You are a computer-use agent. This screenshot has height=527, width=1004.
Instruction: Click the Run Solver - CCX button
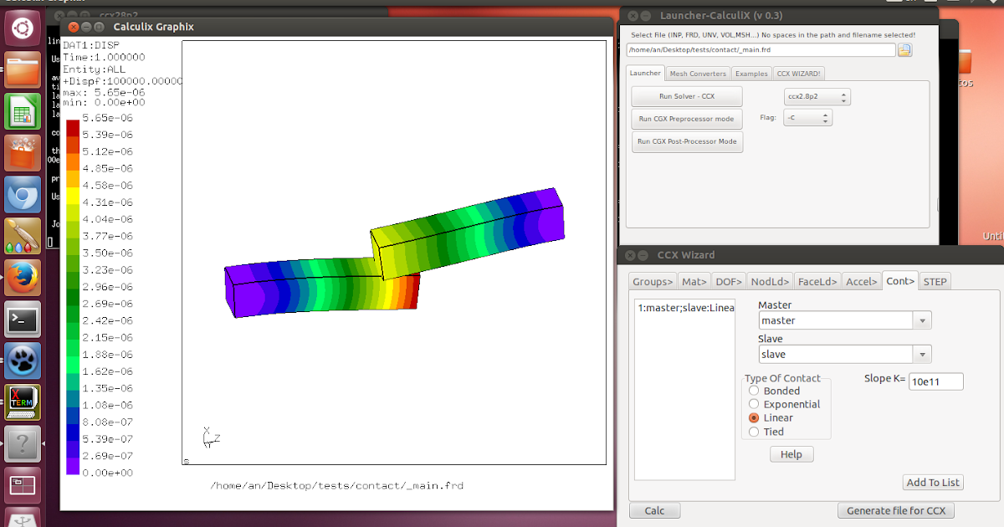click(x=686, y=96)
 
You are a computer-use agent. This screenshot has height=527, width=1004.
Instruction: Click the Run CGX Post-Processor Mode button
click(x=687, y=141)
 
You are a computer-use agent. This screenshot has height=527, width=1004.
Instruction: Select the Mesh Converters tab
click(x=699, y=74)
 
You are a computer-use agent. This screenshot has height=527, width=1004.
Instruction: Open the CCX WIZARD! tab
click(x=798, y=74)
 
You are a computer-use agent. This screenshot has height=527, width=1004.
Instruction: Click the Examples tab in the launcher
click(x=751, y=74)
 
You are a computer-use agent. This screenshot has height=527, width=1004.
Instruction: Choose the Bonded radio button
click(x=754, y=391)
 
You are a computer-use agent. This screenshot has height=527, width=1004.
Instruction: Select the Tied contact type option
click(x=754, y=432)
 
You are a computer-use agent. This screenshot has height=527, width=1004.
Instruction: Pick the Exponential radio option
click(x=754, y=404)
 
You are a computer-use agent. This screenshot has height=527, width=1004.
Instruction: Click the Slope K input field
click(x=935, y=381)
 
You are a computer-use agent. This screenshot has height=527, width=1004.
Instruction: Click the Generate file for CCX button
click(x=895, y=510)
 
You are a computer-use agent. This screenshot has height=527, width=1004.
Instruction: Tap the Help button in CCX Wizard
click(x=791, y=454)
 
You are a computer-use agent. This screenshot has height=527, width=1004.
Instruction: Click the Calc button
click(x=654, y=510)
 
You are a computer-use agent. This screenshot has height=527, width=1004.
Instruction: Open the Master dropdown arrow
click(x=922, y=320)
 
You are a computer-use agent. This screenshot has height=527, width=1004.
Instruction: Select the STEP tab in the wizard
click(x=935, y=281)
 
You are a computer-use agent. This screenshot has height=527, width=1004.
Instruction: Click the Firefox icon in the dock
click(x=23, y=277)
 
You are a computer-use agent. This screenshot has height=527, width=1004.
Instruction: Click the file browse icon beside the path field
click(x=904, y=50)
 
